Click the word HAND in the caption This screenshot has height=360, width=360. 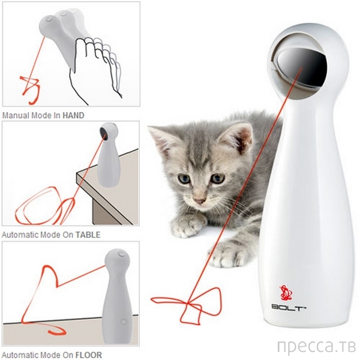tap(73, 115)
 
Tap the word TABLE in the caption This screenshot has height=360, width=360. tap(88, 235)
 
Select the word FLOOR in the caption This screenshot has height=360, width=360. tap(88, 355)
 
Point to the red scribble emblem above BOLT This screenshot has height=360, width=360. tap(286, 293)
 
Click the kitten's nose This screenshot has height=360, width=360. tap(199, 201)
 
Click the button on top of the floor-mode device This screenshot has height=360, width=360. tap(121, 254)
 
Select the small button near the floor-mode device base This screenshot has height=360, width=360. tap(124, 322)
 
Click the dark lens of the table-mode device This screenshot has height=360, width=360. tap(103, 134)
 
